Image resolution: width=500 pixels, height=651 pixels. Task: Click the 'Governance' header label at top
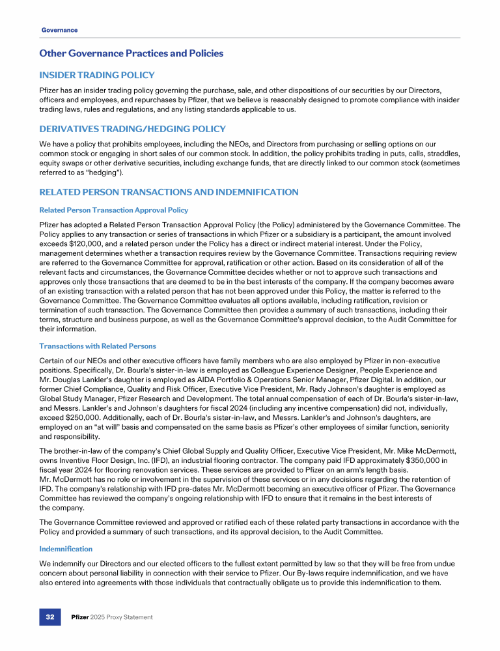(59, 30)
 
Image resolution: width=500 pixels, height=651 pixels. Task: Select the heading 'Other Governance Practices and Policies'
(131, 53)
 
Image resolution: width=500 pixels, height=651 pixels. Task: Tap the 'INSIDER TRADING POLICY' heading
(96, 76)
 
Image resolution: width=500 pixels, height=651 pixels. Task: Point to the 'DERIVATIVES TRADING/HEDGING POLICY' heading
(132, 130)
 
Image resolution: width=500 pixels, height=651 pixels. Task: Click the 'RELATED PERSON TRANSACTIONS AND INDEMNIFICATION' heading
(169, 192)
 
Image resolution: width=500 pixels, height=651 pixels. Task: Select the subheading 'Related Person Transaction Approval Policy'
(114, 210)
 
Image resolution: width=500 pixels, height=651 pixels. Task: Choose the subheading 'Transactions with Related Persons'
(98, 346)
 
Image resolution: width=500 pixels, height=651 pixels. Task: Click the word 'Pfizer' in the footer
(81, 616)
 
